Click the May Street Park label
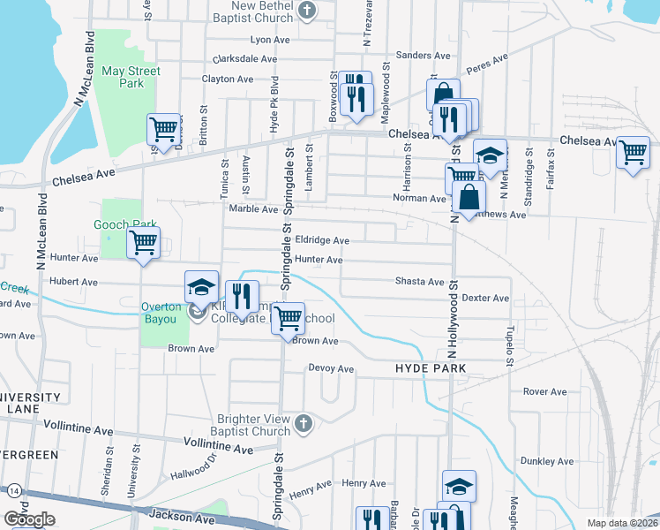(x=130, y=77)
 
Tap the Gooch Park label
(x=124, y=225)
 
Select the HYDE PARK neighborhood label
(x=430, y=367)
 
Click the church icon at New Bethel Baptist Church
(x=306, y=11)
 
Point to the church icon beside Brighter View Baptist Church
(x=304, y=424)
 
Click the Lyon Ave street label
(x=271, y=40)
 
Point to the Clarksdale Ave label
(x=246, y=59)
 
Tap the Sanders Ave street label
(x=417, y=55)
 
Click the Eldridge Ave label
(x=322, y=240)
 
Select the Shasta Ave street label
(x=418, y=282)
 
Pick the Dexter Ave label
(x=485, y=299)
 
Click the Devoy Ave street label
(x=330, y=368)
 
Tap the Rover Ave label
(x=544, y=391)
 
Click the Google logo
(x=30, y=519)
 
